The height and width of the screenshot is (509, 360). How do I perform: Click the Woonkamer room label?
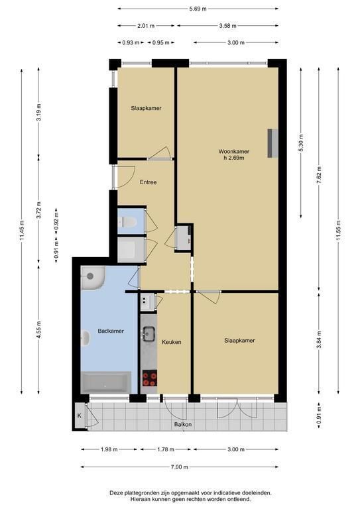click(x=234, y=151)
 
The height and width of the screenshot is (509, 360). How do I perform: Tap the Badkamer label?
click(x=111, y=331)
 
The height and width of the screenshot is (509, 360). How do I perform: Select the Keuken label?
click(x=172, y=342)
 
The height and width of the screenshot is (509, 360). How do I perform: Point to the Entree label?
click(x=148, y=182)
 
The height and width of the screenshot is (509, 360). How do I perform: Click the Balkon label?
click(x=183, y=424)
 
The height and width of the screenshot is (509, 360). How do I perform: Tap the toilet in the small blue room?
click(x=127, y=222)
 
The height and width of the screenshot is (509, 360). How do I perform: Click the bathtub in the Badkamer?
click(x=106, y=382)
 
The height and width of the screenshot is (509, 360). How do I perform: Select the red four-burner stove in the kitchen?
click(x=150, y=378)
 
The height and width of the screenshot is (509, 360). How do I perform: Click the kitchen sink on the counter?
click(x=149, y=334)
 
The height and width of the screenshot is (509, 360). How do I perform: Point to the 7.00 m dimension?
click(x=180, y=467)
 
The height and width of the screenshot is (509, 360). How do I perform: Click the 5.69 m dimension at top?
click(x=198, y=9)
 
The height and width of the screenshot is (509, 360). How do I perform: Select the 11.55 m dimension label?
click(x=338, y=231)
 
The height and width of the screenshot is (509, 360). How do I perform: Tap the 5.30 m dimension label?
click(x=301, y=143)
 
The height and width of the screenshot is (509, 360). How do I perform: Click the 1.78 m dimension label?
click(x=166, y=449)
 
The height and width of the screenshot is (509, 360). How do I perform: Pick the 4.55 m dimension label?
click(x=38, y=330)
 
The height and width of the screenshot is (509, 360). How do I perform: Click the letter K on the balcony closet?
click(x=79, y=416)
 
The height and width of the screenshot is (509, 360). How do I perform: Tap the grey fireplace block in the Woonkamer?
click(x=272, y=143)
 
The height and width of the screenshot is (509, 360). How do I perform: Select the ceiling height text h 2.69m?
click(x=234, y=158)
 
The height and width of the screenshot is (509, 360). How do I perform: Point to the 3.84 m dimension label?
click(x=319, y=339)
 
